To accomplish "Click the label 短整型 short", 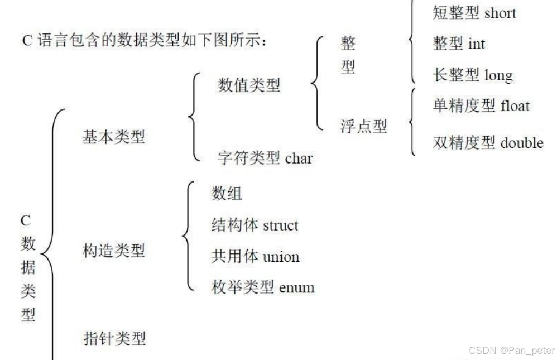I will (474, 13).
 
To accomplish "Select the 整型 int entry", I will (459, 44).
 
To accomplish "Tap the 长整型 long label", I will (472, 74).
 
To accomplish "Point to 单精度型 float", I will (481, 105).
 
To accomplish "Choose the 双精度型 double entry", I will (488, 143).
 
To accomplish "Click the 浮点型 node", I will (363, 126).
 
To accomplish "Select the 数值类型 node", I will (249, 85).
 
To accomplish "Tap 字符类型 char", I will (265, 159).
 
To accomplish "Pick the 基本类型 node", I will (114, 136).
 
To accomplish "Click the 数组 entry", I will (227, 194).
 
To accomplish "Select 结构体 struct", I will (255, 225).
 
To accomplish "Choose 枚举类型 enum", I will (263, 287).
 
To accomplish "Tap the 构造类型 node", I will (114, 251).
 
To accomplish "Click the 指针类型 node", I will (114, 338).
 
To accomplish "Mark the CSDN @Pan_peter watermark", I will (512, 351).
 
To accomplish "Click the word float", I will (515, 105).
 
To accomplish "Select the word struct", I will (280, 225).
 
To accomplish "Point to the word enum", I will (297, 288).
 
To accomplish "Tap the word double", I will (522, 143).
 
